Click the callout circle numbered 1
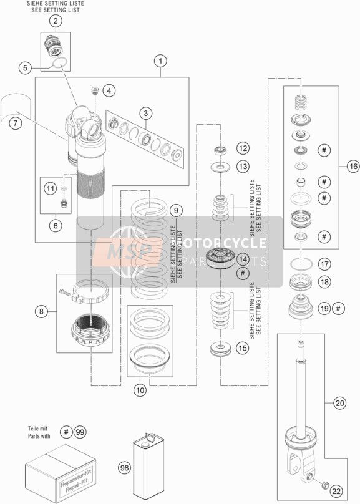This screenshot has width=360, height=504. click(160, 61)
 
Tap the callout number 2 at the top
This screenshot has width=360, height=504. click(56, 21)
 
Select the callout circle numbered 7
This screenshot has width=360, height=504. click(16, 123)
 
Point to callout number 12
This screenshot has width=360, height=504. click(243, 148)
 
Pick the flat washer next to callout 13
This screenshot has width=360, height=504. click(220, 167)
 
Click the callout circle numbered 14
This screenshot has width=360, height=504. click(243, 259)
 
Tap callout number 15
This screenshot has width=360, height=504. click(243, 348)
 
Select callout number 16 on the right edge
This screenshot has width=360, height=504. click(353, 166)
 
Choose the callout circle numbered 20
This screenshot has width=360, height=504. click(340, 403)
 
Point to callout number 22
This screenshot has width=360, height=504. click(336, 491)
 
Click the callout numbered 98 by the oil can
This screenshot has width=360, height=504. click(125, 467)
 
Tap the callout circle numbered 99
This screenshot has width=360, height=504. click(80, 432)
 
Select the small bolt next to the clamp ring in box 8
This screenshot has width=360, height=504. click(65, 292)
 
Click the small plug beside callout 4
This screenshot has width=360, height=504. click(95, 90)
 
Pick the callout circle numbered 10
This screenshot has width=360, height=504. click(140, 390)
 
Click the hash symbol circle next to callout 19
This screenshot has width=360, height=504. click(338, 309)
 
